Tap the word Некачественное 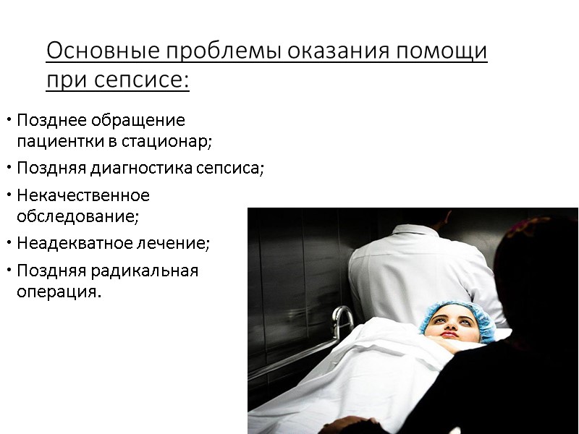point(83,195)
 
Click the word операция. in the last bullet point(59,292)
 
